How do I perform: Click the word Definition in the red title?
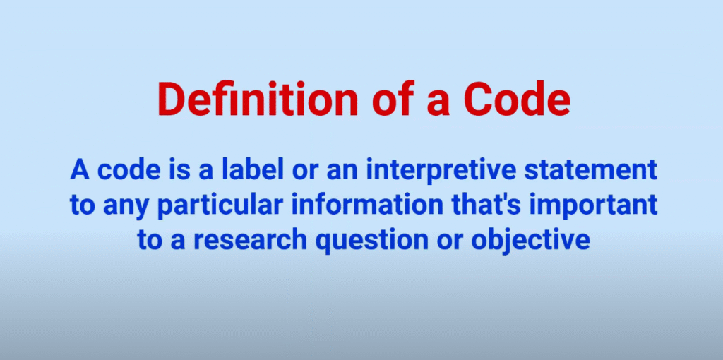click(x=257, y=100)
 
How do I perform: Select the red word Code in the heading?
click(x=525, y=100)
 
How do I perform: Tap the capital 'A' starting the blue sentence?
click(x=79, y=171)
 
